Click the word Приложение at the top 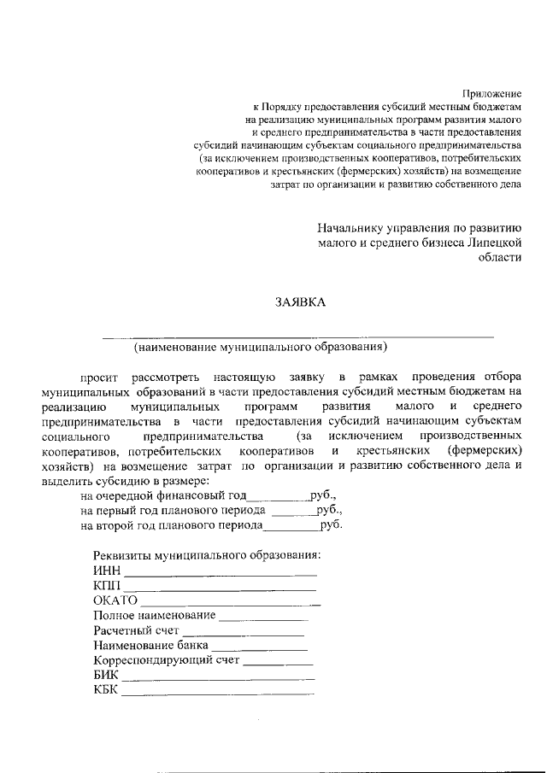(x=491, y=91)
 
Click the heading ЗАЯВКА (x=299, y=302)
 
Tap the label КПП (x=108, y=587)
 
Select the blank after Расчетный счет (x=244, y=635)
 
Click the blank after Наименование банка (x=260, y=649)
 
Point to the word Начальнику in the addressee (x=351, y=228)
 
